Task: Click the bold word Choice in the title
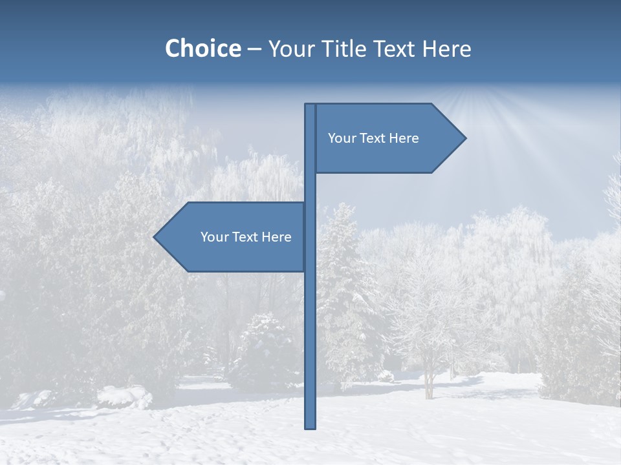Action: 202,48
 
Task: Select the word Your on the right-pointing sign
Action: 341,138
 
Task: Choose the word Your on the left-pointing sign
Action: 213,237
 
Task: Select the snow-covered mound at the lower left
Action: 123,395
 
